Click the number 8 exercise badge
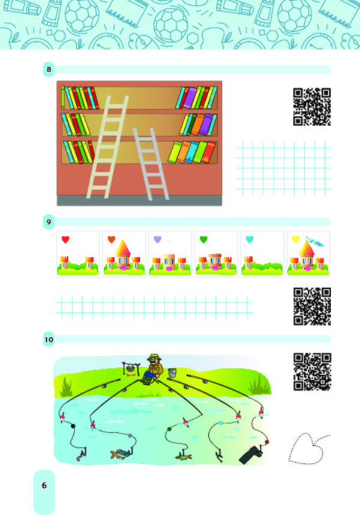(x=48, y=70)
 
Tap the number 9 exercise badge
(x=48, y=222)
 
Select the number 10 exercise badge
(x=49, y=340)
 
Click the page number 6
(x=44, y=485)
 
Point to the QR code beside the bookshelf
(x=311, y=107)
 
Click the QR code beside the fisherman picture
(x=311, y=372)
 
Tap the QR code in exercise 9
(x=311, y=306)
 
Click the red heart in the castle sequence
(x=65, y=239)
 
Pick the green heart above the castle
(x=203, y=239)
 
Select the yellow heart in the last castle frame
(x=295, y=239)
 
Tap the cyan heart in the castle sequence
(x=250, y=239)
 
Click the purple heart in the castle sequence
(x=157, y=239)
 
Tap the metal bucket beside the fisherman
(x=172, y=373)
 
